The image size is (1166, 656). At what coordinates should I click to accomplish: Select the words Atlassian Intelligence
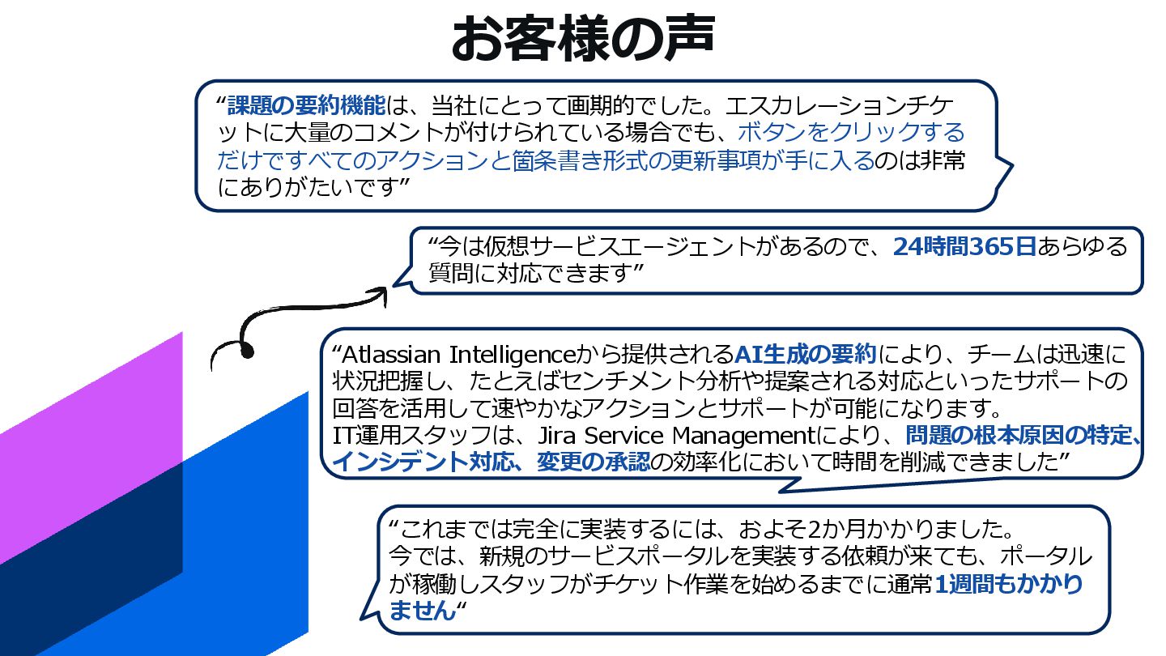[x=458, y=355]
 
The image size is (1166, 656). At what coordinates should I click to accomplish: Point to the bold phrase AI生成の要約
[x=806, y=355]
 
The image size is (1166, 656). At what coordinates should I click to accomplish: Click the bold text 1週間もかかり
[x=1008, y=584]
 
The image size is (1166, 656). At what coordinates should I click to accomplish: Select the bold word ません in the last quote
[x=423, y=610]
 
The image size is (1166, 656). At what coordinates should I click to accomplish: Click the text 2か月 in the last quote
[x=837, y=530]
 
